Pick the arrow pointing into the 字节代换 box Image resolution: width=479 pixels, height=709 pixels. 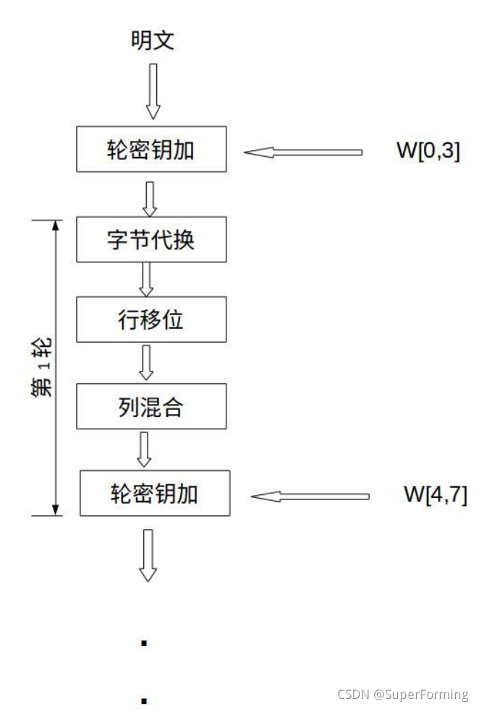151,198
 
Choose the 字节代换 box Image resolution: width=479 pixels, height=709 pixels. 151,239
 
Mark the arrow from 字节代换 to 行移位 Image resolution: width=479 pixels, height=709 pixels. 147,278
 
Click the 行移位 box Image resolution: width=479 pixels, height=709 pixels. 151,320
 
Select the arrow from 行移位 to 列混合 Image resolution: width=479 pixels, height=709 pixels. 147,361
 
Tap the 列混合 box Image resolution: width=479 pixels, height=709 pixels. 151,406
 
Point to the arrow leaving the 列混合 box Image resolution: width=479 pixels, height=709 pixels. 145,448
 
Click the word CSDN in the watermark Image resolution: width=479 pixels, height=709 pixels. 353,695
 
